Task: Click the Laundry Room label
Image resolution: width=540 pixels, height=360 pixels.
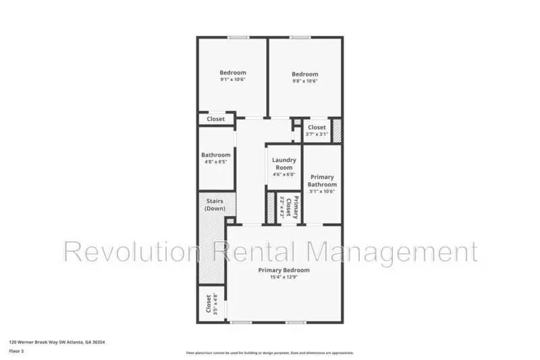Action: click(284, 163)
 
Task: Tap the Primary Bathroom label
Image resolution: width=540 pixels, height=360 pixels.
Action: click(322, 180)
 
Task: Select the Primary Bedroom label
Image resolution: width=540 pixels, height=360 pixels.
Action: click(284, 270)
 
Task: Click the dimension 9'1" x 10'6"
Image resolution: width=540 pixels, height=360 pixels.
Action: click(232, 80)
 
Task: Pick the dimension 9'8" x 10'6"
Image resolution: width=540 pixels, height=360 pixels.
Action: click(304, 81)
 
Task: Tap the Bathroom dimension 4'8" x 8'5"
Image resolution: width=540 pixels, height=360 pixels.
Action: click(215, 162)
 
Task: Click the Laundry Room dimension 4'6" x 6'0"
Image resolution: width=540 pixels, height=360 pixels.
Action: click(284, 174)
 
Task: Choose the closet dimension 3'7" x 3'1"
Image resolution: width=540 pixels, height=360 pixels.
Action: click(317, 134)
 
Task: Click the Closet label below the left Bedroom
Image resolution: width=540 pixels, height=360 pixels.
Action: click(215, 119)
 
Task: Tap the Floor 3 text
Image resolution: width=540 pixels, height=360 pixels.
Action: click(16, 351)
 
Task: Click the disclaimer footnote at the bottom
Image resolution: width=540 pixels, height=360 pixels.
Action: click(269, 353)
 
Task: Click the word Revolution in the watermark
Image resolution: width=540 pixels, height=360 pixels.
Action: click(128, 251)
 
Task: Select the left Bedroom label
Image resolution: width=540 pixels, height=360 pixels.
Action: click(232, 72)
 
